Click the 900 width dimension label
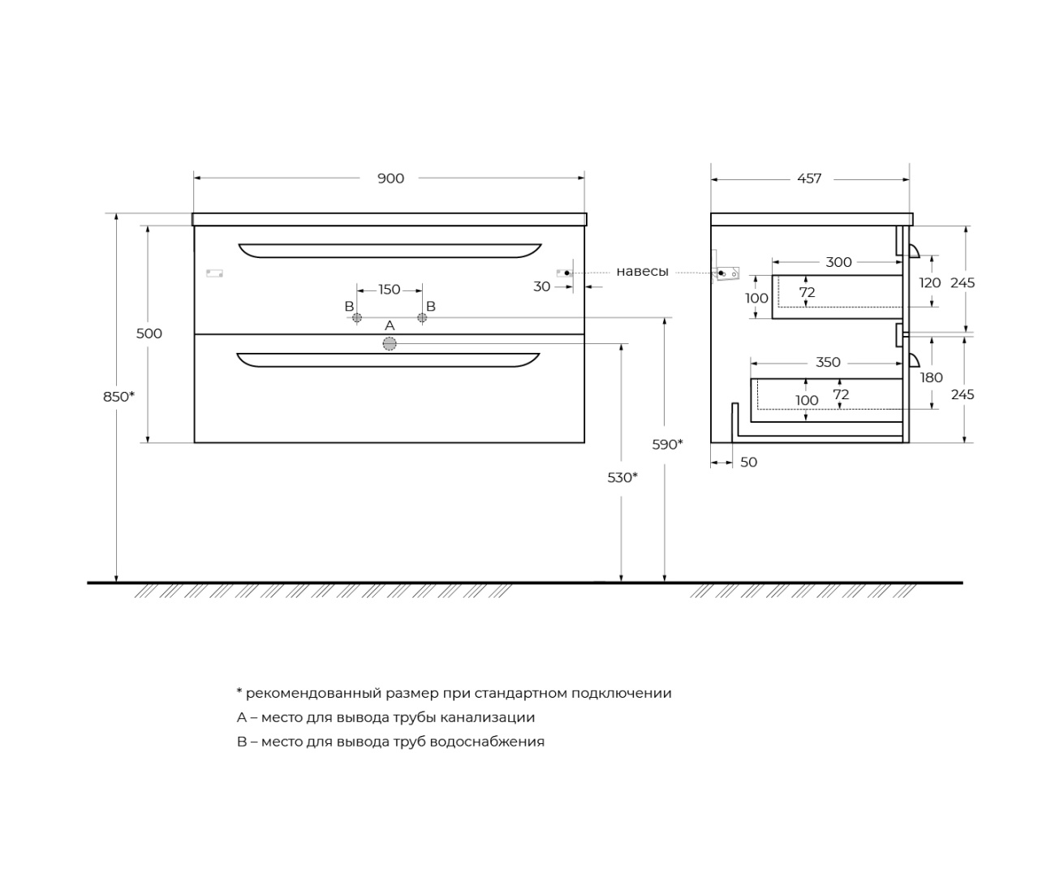pyautogui.click(x=390, y=179)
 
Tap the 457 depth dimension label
pyautogui.click(x=809, y=179)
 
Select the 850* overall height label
pyautogui.click(x=118, y=397)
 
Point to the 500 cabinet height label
pyautogui.click(x=149, y=333)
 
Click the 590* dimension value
pyautogui.click(x=667, y=444)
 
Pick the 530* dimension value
pyautogui.click(x=622, y=477)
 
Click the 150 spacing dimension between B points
pyautogui.click(x=389, y=290)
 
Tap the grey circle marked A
pyautogui.click(x=390, y=344)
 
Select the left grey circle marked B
pyautogui.click(x=357, y=318)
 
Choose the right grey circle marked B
pyautogui.click(x=422, y=318)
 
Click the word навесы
pyautogui.click(x=642, y=272)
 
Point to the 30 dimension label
pyautogui.click(x=541, y=286)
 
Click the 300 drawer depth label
pyautogui.click(x=838, y=262)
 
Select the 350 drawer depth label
pyautogui.click(x=828, y=362)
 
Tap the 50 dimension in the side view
pyautogui.click(x=748, y=462)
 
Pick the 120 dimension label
pyautogui.click(x=930, y=282)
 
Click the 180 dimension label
pyautogui.click(x=931, y=377)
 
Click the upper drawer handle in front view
pyautogui.click(x=390, y=251)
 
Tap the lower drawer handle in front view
pyautogui.click(x=388, y=359)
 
